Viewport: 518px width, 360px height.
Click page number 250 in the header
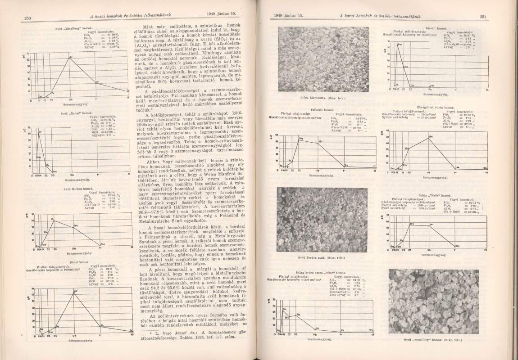(x=27, y=18)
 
